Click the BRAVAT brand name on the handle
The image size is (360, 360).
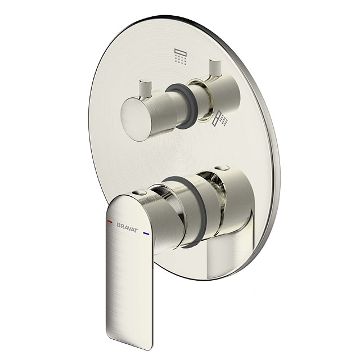coord(128,227)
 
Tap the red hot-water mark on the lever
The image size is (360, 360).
coord(110,222)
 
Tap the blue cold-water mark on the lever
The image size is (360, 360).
coord(146,234)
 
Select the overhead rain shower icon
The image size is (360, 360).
coord(181,56)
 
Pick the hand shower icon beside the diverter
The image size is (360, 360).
coord(220,119)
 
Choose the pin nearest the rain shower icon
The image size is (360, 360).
coord(215,68)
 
